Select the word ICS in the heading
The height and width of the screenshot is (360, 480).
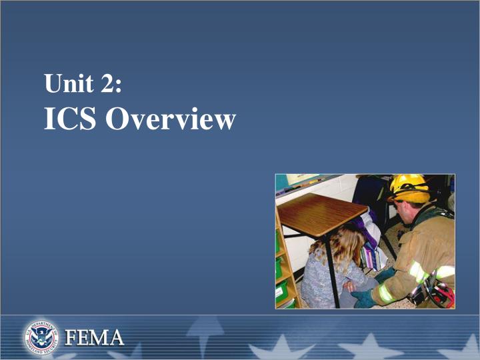[x=71, y=119]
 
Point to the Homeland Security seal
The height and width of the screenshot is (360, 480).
[x=43, y=337]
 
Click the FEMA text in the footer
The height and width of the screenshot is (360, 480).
[x=94, y=338]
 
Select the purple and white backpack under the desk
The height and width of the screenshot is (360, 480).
[x=369, y=230]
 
